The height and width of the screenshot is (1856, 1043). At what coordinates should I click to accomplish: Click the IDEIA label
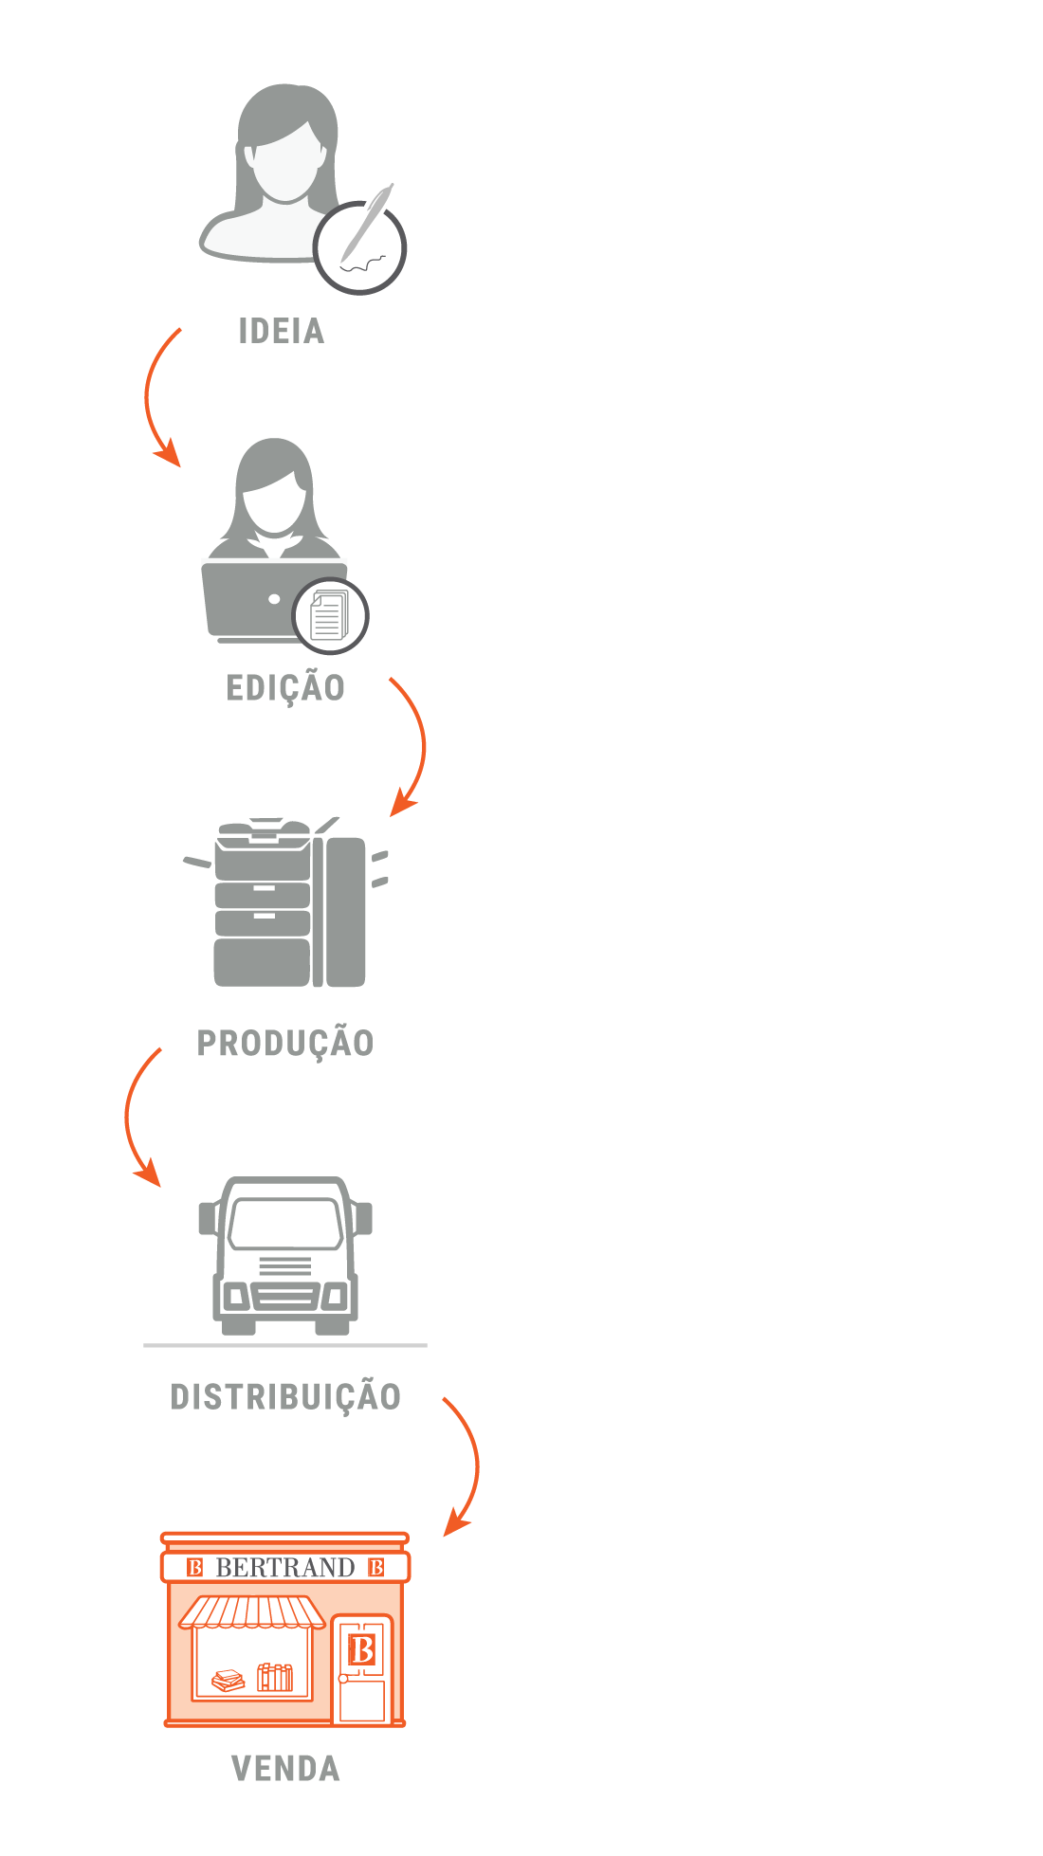[x=282, y=331]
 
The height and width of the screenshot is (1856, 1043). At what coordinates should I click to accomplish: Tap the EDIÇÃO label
[x=284, y=686]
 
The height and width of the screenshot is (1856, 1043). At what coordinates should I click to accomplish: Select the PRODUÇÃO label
[x=285, y=1043]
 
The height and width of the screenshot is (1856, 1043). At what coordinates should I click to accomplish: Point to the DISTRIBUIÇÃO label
[x=285, y=1396]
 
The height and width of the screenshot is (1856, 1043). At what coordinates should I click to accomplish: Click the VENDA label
[x=285, y=1769]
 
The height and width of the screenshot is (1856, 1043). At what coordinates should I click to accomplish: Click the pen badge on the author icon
[x=360, y=246]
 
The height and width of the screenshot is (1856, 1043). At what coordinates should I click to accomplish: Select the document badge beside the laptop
[x=330, y=616]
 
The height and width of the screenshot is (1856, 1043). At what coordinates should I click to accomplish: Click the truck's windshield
[x=285, y=1224]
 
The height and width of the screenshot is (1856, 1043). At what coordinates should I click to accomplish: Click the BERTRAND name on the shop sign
[x=285, y=1568]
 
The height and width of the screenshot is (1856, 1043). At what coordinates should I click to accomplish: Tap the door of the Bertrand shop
[x=362, y=1667]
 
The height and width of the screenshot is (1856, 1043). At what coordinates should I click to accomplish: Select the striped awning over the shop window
[x=252, y=1611]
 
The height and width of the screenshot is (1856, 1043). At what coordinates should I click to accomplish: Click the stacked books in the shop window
[x=228, y=1681]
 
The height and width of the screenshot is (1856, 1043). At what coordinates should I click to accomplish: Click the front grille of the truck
[x=285, y=1266]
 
